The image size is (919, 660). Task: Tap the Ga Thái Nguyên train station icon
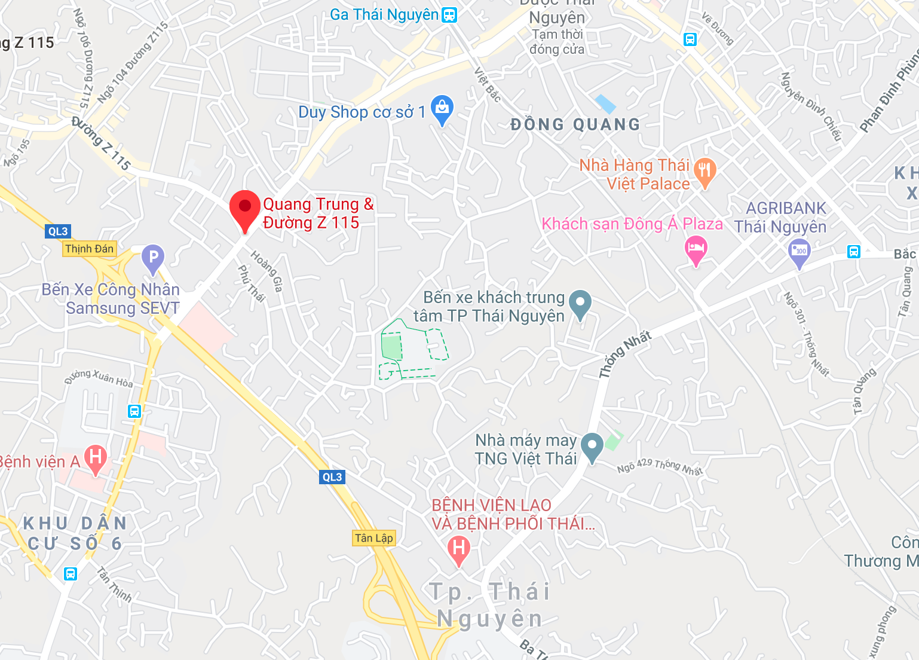pyautogui.click(x=449, y=15)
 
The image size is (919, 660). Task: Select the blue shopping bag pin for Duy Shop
pyautogui.click(x=442, y=109)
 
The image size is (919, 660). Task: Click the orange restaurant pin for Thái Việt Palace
pyautogui.click(x=705, y=172)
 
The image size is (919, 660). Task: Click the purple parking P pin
pyautogui.click(x=153, y=258)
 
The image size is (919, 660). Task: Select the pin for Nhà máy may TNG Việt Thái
pyautogui.click(x=592, y=445)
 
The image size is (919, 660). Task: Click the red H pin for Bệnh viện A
pyautogui.click(x=96, y=458)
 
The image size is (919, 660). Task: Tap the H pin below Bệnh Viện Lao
pyautogui.click(x=459, y=548)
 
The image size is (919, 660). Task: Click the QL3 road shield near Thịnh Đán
pyautogui.click(x=57, y=231)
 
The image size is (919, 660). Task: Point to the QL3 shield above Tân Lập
pyautogui.click(x=332, y=477)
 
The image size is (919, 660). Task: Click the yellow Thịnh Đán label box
pyautogui.click(x=89, y=249)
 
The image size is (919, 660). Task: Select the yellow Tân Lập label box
pyautogui.click(x=374, y=538)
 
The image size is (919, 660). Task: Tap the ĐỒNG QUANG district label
pyautogui.click(x=575, y=124)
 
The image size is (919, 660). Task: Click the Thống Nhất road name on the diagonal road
pyautogui.click(x=624, y=355)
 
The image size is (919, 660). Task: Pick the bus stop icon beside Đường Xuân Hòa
pyautogui.click(x=134, y=411)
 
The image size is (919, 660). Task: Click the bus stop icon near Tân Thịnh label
pyautogui.click(x=71, y=574)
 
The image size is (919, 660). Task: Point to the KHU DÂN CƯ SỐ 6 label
pyautogui.click(x=75, y=533)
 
